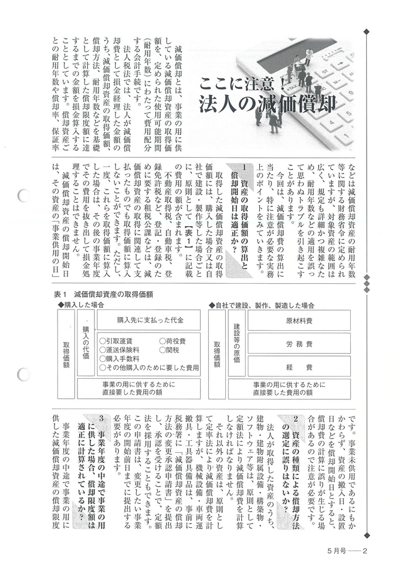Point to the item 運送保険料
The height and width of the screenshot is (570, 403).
[123, 350]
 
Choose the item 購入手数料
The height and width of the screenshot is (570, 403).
[123, 358]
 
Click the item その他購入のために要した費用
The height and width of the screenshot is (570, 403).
[150, 367]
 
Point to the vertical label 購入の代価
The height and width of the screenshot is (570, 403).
[86, 341]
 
